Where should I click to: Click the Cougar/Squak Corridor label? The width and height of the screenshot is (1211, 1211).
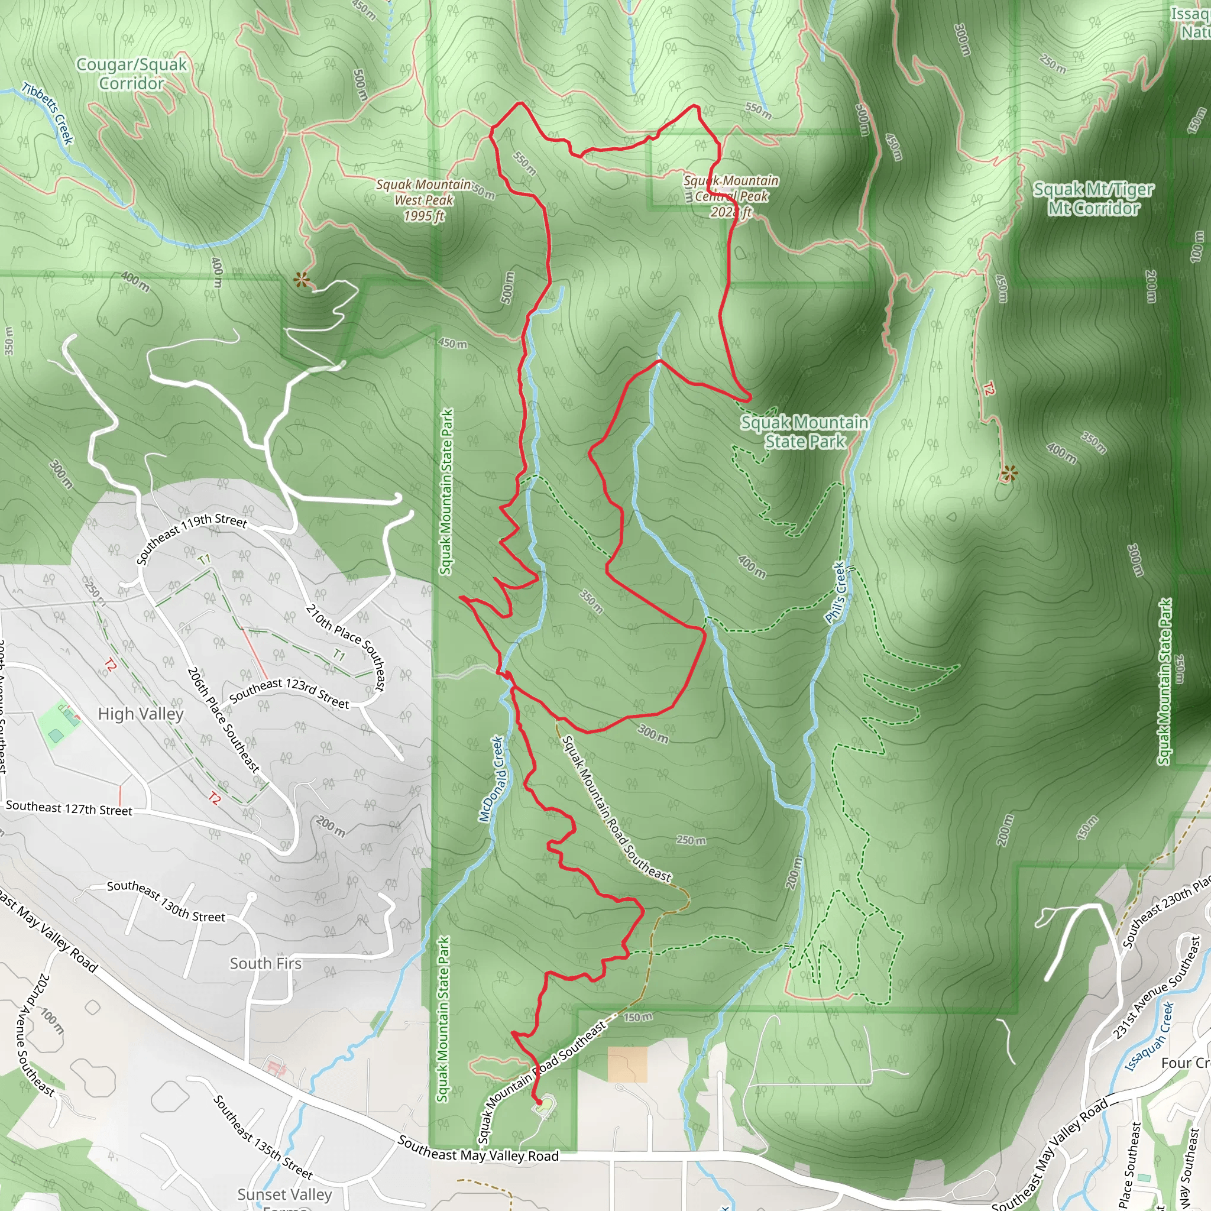pyautogui.click(x=132, y=74)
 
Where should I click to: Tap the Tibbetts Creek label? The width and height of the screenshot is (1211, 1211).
pyautogui.click(x=48, y=114)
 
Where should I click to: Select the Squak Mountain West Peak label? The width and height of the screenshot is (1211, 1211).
pyautogui.click(x=424, y=200)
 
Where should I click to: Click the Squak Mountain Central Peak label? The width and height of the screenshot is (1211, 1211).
pyautogui.click(x=731, y=196)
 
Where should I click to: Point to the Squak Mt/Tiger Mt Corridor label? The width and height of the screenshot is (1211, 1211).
pyautogui.click(x=1093, y=198)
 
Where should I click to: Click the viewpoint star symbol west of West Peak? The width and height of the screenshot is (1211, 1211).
pyautogui.click(x=302, y=280)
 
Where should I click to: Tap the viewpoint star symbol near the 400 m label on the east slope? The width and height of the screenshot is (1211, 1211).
pyautogui.click(x=1009, y=474)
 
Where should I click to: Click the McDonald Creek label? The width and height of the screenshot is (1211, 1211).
pyautogui.click(x=491, y=779)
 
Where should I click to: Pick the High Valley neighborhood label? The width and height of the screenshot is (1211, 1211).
pyautogui.click(x=141, y=714)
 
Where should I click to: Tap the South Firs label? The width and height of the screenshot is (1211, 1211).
pyautogui.click(x=265, y=963)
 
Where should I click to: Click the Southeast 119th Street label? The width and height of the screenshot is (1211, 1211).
pyautogui.click(x=191, y=538)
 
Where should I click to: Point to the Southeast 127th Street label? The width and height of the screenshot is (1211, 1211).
pyautogui.click(x=69, y=808)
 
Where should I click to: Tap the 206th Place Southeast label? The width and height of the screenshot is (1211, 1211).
pyautogui.click(x=223, y=720)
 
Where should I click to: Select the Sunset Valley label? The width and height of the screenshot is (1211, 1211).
pyautogui.click(x=284, y=1194)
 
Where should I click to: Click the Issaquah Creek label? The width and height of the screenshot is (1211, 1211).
pyautogui.click(x=1149, y=1037)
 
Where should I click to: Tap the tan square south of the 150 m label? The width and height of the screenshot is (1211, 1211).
pyautogui.click(x=627, y=1064)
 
